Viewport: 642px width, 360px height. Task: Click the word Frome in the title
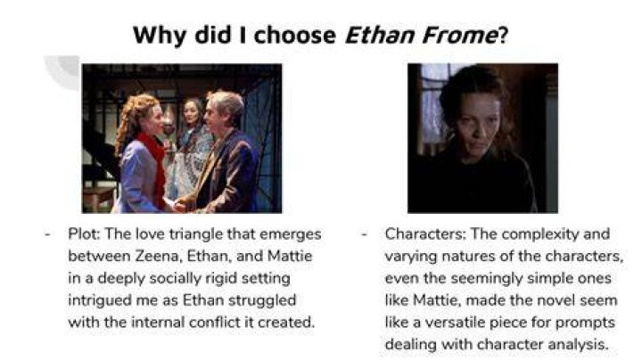pyautogui.click(x=460, y=35)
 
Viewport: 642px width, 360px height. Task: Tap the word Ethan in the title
pyautogui.click(x=380, y=35)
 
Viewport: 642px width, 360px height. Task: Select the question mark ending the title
pyautogui.click(x=503, y=35)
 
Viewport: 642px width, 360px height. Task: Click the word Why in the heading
pyautogui.click(x=160, y=36)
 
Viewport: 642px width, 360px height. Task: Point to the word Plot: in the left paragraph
pyautogui.click(x=84, y=234)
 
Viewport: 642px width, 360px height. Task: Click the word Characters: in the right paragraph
pyautogui.click(x=425, y=234)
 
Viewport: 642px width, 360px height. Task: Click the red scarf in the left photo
pyautogui.click(x=155, y=164)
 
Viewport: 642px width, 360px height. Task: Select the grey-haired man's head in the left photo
pyautogui.click(x=224, y=110)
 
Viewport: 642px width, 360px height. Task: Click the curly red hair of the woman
pyautogui.click(x=135, y=120)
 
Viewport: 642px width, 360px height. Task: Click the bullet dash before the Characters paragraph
pyautogui.click(x=364, y=234)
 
